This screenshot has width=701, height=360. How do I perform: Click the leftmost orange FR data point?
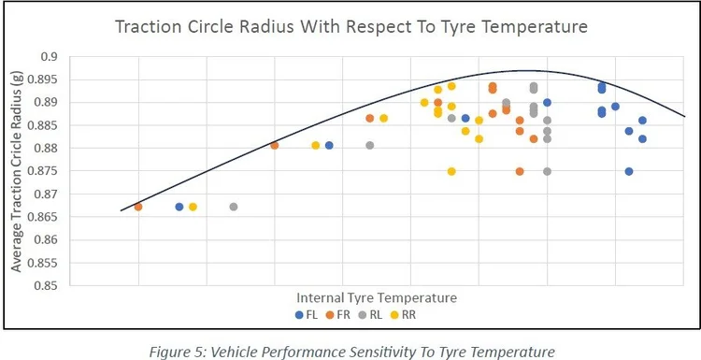138,207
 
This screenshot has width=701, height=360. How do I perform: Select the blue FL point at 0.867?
179,207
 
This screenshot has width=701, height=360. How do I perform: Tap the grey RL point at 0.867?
234,207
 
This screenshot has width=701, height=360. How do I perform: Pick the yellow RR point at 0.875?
451,171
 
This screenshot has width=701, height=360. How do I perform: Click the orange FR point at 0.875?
520,171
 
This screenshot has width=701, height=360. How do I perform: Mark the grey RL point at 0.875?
547,171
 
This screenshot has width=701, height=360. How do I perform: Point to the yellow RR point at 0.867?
193,207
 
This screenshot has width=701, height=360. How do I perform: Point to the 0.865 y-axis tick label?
47,217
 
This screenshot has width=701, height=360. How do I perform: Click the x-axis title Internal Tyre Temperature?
377,298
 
